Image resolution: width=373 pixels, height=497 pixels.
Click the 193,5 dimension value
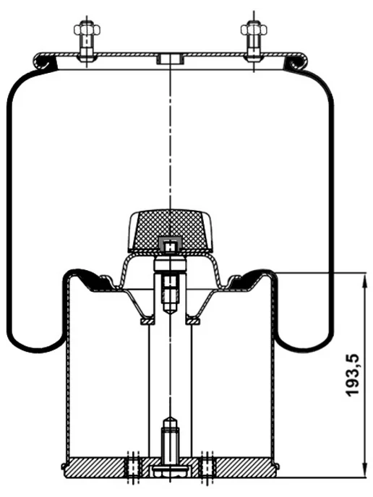[352, 375]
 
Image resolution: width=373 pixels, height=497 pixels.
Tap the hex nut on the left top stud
[87, 30]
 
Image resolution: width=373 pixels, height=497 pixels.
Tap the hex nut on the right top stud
[254, 30]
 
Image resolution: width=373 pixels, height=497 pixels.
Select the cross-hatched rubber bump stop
[170, 230]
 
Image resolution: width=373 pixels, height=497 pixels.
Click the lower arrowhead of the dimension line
[363, 471]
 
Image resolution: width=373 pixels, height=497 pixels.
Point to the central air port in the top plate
[171, 59]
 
